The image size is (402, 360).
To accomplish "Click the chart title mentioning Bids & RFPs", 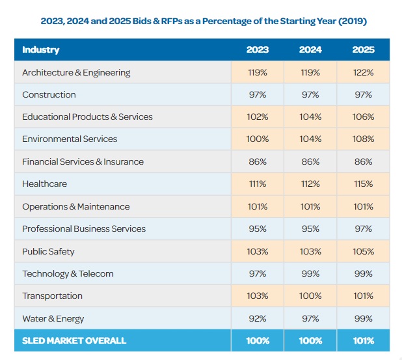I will tap(204, 21).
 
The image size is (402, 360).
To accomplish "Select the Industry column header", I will tap(40, 49).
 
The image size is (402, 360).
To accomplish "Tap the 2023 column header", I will tap(258, 49).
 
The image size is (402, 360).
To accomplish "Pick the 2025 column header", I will tap(363, 49).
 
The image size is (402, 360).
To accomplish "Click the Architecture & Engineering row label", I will tap(76, 72).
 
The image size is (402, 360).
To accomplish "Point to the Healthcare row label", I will tap(44, 184).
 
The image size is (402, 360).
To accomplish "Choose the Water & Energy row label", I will tap(53, 318).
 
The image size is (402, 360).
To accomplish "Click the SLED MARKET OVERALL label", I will tap(74, 340).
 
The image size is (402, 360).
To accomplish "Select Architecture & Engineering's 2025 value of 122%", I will tap(363, 72).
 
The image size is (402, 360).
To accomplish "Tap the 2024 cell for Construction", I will tap(310, 94).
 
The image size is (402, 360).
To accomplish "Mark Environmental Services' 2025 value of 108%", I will tap(363, 139).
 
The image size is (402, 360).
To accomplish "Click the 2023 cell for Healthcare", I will tap(258, 184).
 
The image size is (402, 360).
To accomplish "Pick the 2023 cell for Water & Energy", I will tap(258, 318).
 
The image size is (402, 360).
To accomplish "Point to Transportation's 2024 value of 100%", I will tap(310, 296).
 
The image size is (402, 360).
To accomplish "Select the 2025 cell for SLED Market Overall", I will tap(363, 340).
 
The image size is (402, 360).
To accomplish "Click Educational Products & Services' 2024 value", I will tap(310, 117).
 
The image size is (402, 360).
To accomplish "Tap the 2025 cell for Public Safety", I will tap(363, 251).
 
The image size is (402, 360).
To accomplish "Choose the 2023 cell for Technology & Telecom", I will tap(258, 273).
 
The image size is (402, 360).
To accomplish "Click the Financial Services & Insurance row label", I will tap(83, 161).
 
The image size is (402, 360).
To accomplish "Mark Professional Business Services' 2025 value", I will tap(363, 228).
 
